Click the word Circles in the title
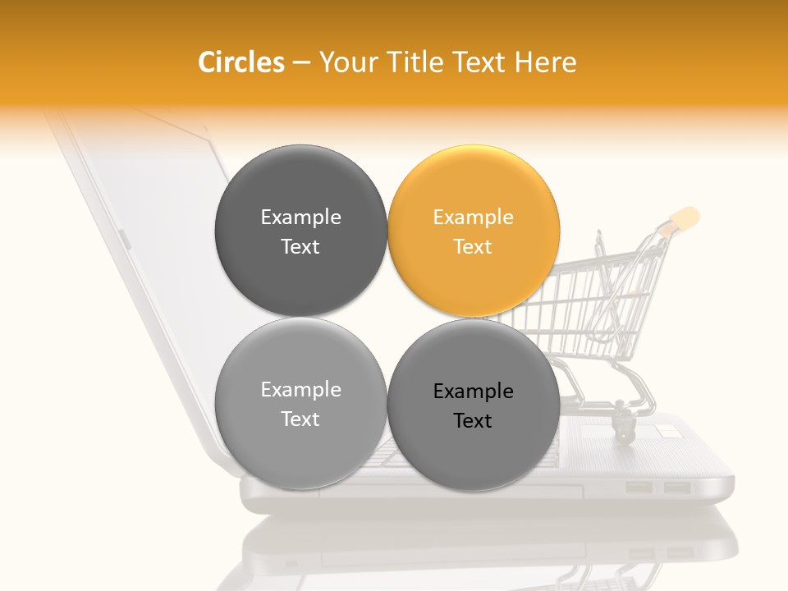click(241, 62)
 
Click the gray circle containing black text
click(474, 447)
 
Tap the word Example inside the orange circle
click(474, 218)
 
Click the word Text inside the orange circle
click(474, 247)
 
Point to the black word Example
click(474, 392)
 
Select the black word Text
click(474, 421)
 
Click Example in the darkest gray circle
click(300, 218)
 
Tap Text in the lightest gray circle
click(300, 419)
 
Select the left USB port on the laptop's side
click(639, 488)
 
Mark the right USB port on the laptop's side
click(676, 488)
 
